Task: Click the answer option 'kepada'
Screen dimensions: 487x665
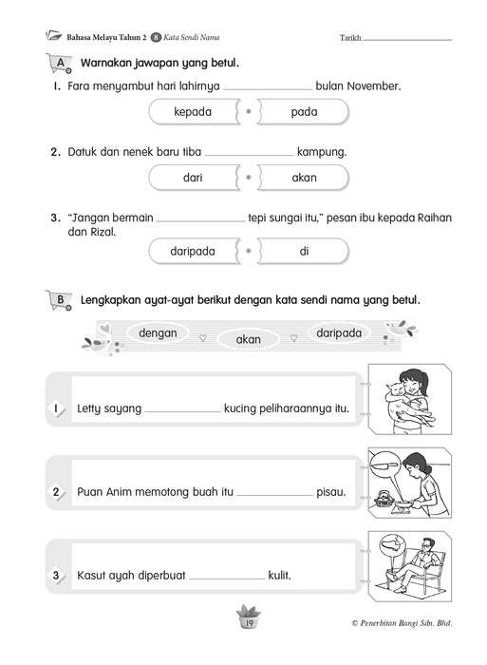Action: click(x=194, y=112)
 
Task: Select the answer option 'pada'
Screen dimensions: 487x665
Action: click(x=304, y=112)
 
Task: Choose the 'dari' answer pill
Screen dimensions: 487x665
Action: click(x=194, y=178)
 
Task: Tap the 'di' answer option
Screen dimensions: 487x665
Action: click(x=304, y=251)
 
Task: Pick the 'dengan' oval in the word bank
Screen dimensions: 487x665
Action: click(x=158, y=332)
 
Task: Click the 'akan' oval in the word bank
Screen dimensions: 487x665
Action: click(x=248, y=339)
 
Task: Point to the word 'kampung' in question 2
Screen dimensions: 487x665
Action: click(x=321, y=152)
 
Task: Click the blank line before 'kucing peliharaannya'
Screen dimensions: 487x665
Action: click(x=182, y=411)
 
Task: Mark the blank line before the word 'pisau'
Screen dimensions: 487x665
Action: click(x=274, y=495)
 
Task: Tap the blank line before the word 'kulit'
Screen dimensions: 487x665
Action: click(x=227, y=579)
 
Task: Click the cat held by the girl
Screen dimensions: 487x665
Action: click(x=404, y=403)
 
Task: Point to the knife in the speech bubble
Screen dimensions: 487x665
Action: click(x=384, y=465)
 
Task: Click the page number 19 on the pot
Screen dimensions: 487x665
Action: click(x=249, y=623)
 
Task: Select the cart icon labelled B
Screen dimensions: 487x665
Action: click(x=59, y=300)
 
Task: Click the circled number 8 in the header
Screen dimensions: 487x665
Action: click(x=156, y=38)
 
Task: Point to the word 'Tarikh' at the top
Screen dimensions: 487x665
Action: click(x=349, y=38)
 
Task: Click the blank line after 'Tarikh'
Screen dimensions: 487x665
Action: click(x=407, y=41)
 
